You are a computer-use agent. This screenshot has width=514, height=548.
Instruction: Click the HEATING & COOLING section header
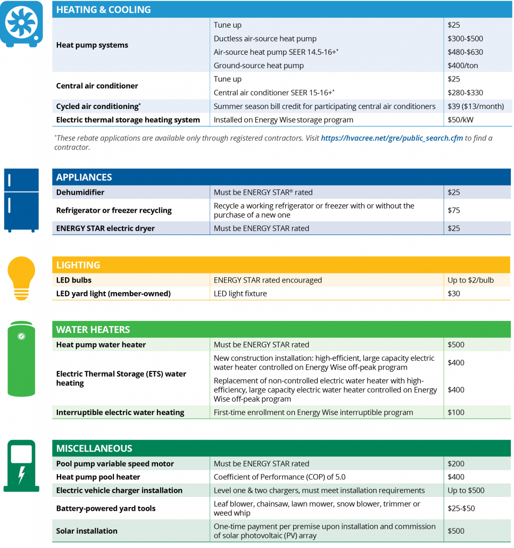coord(103,10)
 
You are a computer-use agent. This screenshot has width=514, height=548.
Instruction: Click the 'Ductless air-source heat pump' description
coord(265,38)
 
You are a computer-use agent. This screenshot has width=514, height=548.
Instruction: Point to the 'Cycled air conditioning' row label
coord(98,106)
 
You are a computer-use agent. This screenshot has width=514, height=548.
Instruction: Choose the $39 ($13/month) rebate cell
coord(475,106)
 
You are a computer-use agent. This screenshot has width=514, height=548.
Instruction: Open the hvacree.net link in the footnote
coord(391,138)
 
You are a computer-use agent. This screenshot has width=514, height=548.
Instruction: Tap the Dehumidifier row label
coord(80,192)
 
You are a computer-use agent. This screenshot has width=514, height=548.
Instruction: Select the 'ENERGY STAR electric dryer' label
coord(105,228)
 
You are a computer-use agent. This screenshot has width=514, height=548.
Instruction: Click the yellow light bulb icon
coord(21,277)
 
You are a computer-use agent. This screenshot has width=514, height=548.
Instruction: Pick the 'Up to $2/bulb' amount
coord(470,280)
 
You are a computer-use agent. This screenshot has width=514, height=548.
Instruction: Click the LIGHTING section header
coord(78,265)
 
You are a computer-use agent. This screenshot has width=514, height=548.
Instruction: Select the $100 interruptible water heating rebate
coord(456,412)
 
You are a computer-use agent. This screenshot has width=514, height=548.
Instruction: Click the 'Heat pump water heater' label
coord(101,345)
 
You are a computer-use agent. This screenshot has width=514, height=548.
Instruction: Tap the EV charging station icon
coord(21,466)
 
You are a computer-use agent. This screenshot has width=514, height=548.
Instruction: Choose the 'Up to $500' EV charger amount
coord(466,490)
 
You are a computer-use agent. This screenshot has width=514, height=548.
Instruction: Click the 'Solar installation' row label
coord(87,531)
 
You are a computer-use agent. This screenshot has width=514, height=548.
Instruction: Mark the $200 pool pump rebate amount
coord(456,463)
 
